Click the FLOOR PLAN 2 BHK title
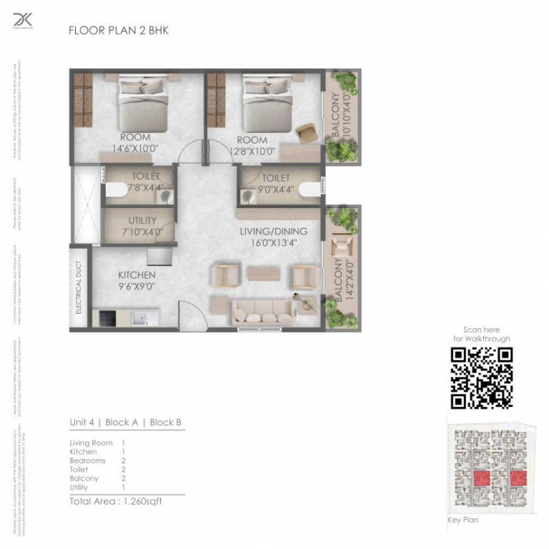[x=118, y=31]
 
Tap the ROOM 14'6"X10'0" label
[x=135, y=143]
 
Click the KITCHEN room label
[x=137, y=280]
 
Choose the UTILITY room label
[x=142, y=226]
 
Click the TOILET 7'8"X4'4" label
[x=145, y=182]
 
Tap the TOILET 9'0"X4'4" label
[x=275, y=183]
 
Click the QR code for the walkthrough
[x=482, y=377]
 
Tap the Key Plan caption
[x=463, y=520]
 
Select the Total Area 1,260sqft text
[x=116, y=501]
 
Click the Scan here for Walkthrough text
[x=482, y=334]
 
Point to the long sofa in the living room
[x=262, y=313]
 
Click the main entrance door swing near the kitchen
[x=189, y=315]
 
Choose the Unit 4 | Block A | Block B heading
[x=125, y=422]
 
